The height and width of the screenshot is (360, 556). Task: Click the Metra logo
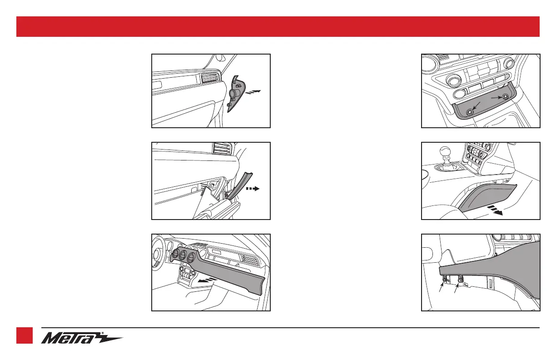82,338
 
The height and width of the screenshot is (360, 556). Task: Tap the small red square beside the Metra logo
25,335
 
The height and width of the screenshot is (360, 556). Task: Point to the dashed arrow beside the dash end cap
253,92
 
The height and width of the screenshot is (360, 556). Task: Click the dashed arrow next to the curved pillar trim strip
253,189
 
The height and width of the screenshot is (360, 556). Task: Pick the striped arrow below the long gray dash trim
207,280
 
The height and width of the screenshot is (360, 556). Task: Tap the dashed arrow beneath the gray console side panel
495,210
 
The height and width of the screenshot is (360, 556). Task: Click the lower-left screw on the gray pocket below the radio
470,113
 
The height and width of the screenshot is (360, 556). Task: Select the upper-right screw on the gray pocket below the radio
505,96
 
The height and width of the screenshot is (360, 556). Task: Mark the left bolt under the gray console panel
445,280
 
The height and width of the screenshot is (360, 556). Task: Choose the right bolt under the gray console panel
460,280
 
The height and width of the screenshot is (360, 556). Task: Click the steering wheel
158,254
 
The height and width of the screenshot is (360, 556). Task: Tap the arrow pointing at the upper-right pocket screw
496,98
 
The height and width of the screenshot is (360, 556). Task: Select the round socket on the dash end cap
234,94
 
